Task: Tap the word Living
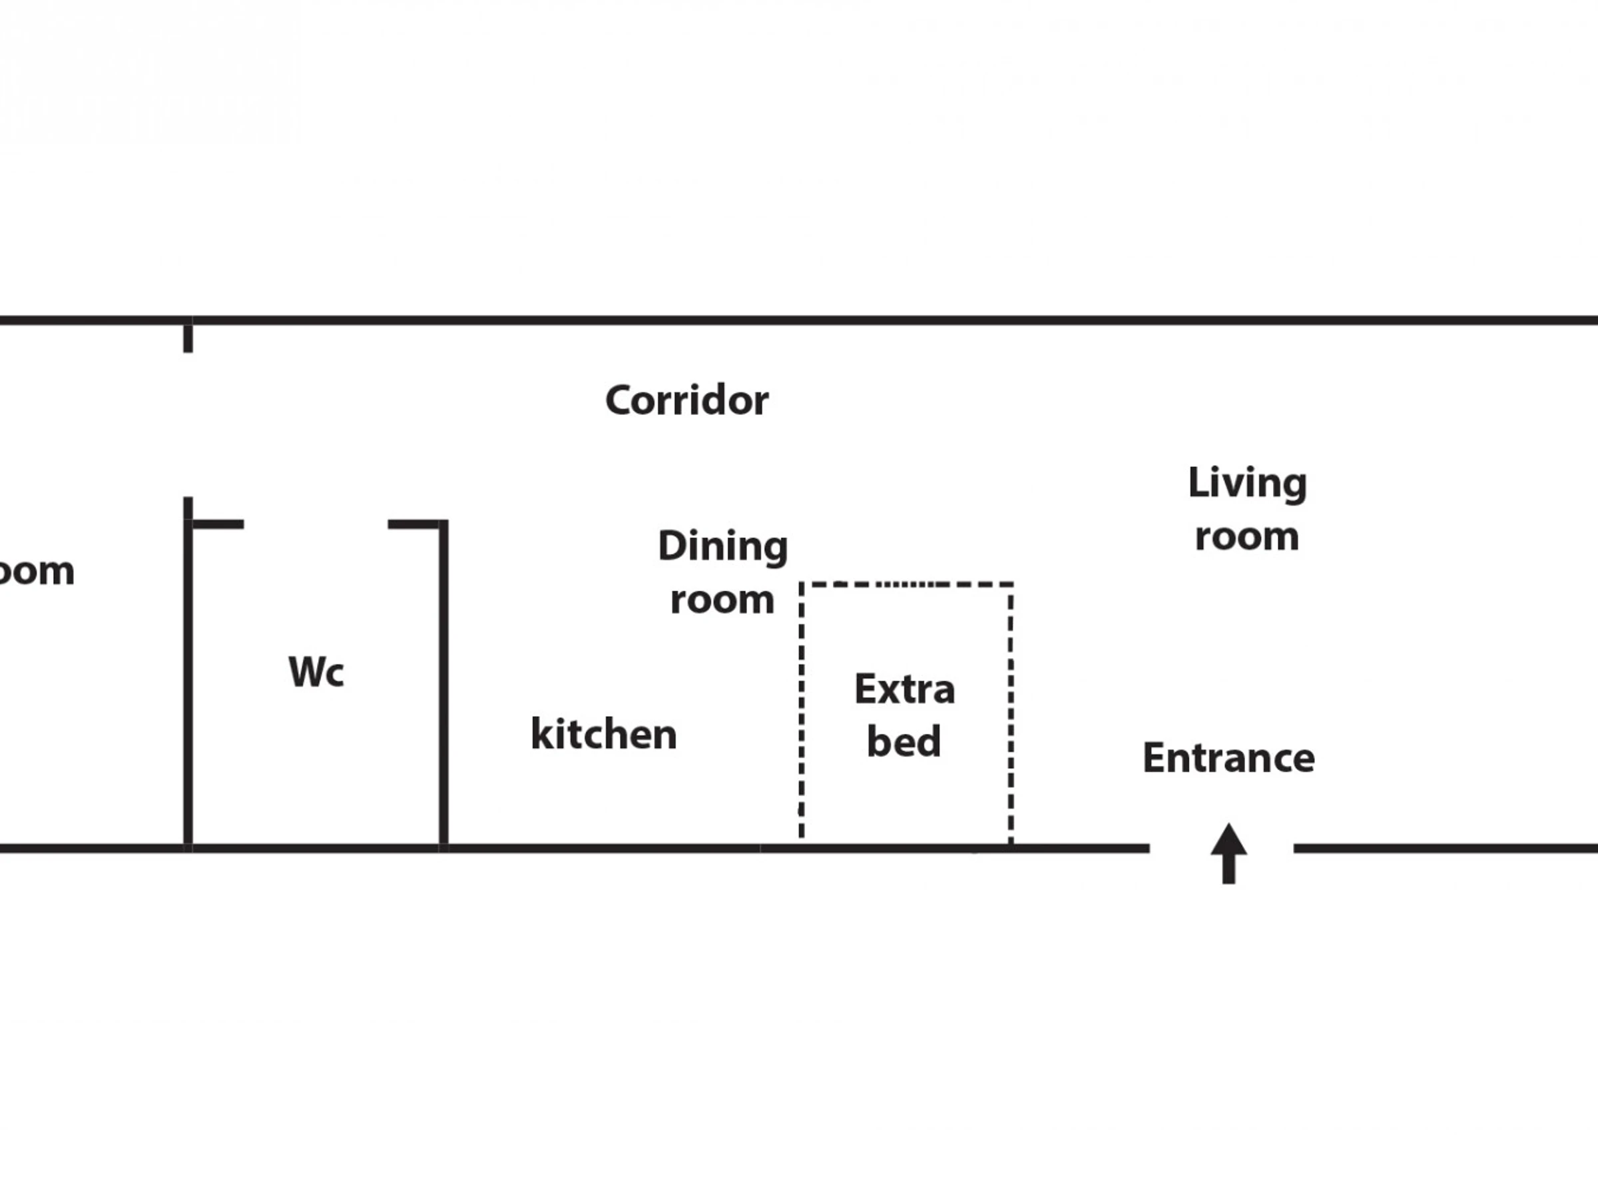(x=1247, y=483)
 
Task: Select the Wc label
(x=316, y=671)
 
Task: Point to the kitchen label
(x=604, y=734)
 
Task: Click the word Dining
(x=722, y=546)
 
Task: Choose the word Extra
(x=904, y=689)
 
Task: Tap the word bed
(x=904, y=741)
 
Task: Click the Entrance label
(x=1228, y=758)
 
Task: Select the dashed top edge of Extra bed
(x=906, y=584)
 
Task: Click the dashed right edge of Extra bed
(x=1011, y=712)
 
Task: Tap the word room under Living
(x=1247, y=537)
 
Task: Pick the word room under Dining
(x=722, y=600)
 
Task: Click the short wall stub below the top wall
(x=188, y=338)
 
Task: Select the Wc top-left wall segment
(x=216, y=524)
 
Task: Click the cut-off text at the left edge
(x=36, y=572)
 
